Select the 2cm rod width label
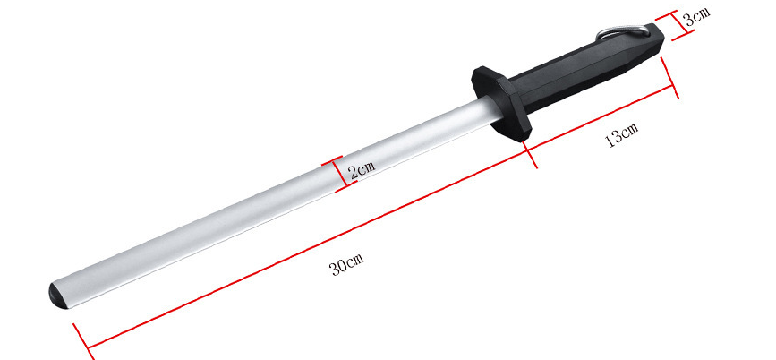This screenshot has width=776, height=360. tap(361, 167)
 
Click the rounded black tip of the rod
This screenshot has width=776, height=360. tap(55, 293)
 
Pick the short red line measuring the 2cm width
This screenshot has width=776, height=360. tap(340, 174)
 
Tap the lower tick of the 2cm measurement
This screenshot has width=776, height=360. tap(345, 187)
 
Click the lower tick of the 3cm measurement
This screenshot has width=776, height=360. tap(687, 33)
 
